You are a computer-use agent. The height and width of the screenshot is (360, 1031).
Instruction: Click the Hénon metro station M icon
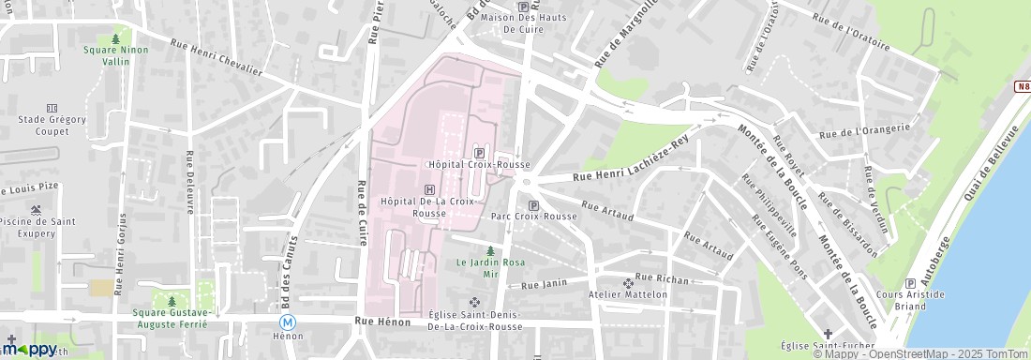tap(289, 321)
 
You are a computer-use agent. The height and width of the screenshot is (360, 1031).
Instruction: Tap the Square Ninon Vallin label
tap(115, 55)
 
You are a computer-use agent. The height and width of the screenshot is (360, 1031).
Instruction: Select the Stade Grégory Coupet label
tap(52, 125)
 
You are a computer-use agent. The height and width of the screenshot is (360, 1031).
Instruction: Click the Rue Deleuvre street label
tap(189, 182)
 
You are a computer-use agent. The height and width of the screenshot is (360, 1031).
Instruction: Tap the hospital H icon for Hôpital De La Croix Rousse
tap(429, 188)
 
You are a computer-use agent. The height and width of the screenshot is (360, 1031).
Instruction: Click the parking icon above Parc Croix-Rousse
tap(534, 205)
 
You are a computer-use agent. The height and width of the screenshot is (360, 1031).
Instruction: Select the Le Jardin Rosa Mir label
tap(489, 268)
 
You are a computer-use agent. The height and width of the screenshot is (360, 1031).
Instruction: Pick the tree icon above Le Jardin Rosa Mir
tap(489, 250)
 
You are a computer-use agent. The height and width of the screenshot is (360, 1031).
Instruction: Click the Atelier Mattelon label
tap(628, 294)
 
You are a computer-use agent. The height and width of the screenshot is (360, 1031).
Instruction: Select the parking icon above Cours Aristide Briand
tap(910, 283)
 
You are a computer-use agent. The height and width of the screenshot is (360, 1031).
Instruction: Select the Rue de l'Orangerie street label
tap(864, 131)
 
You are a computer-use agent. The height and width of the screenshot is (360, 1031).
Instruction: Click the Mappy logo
tap(30, 349)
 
